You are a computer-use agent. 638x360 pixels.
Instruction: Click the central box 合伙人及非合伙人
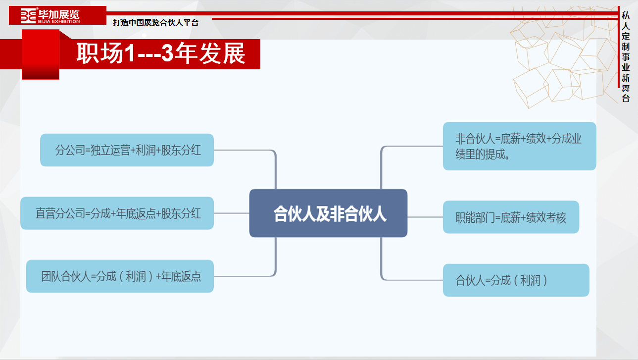coord(328,213)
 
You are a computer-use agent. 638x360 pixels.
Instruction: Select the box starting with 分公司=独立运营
coord(127,150)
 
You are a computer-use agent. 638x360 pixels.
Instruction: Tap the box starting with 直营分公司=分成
coord(117,213)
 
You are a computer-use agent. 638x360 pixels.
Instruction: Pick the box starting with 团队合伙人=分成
coord(120,276)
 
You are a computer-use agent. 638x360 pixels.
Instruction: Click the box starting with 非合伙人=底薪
coord(519,146)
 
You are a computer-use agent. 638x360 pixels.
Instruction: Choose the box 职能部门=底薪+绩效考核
coord(511,217)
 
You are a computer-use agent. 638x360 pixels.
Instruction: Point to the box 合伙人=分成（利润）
coord(516,280)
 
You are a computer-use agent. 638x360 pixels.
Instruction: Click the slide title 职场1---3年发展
coord(161,53)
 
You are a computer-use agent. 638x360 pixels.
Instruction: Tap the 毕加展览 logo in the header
coord(50,15)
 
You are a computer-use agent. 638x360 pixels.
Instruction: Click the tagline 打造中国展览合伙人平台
coord(155,22)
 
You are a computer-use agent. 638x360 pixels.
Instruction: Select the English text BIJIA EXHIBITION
coord(59,21)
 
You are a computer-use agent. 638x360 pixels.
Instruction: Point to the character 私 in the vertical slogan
coord(626,15)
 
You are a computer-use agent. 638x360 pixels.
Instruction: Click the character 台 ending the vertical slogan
coord(626,99)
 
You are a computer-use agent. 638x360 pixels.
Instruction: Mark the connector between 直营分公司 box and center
coord(232,213)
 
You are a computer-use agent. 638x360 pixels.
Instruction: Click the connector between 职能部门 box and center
coord(425,217)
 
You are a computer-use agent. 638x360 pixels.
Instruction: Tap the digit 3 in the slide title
coord(167,53)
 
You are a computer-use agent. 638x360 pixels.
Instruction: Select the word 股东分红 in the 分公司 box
coord(181,150)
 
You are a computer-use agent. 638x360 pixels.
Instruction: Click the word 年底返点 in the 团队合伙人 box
coord(181,276)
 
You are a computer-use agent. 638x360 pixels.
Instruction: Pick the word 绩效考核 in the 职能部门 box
coord(546,218)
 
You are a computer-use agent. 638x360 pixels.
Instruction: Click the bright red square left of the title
coord(41,54)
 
